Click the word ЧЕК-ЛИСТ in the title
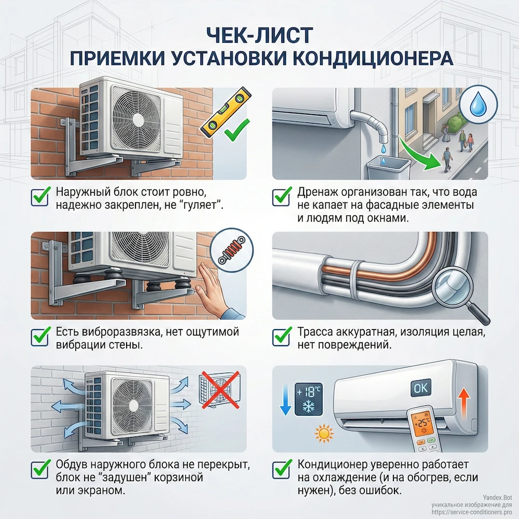259,35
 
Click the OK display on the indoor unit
420,387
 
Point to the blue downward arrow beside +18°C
284,399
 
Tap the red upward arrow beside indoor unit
465,402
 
